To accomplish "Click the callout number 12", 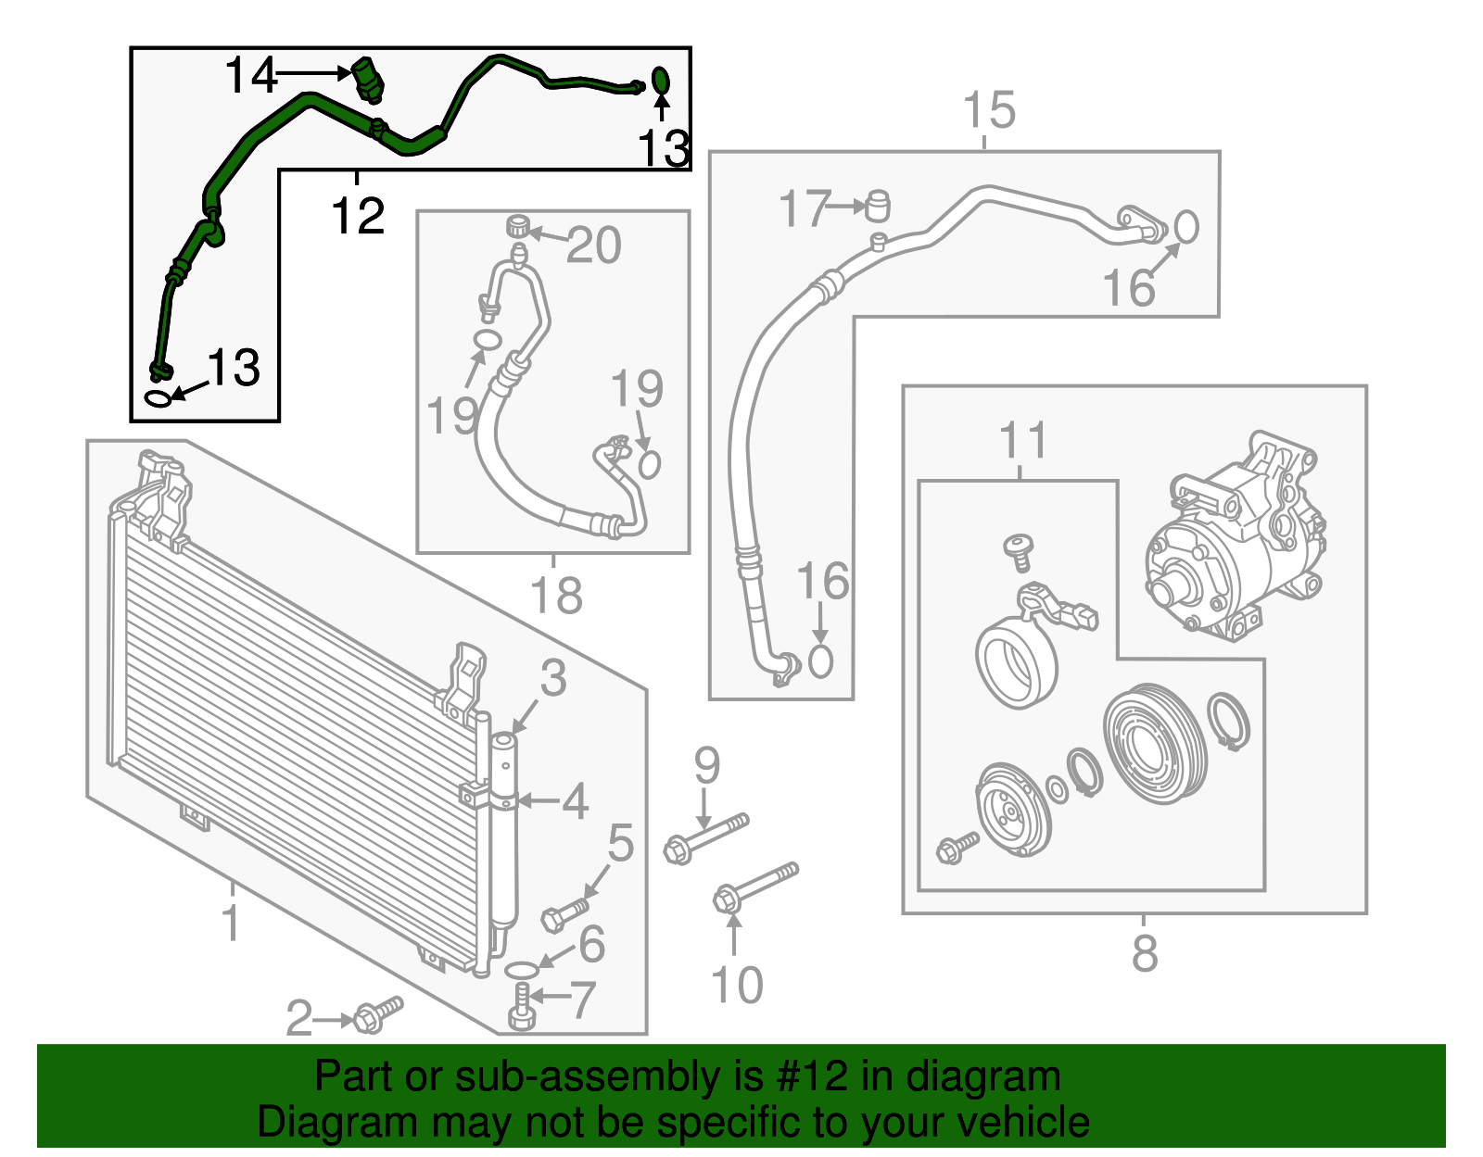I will click(x=358, y=216).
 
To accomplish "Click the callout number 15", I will click(x=989, y=110).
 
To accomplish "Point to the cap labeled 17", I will click(x=877, y=206).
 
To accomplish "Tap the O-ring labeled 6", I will click(x=522, y=970).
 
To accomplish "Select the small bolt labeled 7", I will click(x=521, y=1008).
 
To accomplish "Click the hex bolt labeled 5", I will click(x=564, y=913).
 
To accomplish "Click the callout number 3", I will click(x=552, y=678).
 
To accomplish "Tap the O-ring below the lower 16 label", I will click(x=820, y=661).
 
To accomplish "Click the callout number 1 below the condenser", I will click(x=231, y=923).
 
